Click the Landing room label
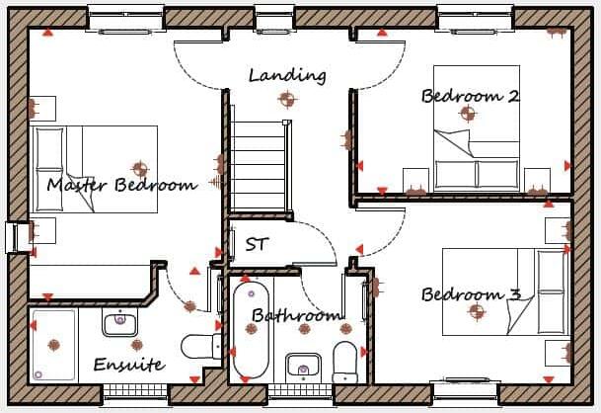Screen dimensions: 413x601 coord(287,75)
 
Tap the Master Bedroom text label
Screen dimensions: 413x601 coord(121,185)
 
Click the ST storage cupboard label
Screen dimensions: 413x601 coord(257,244)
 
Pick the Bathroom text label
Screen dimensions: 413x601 coord(296,316)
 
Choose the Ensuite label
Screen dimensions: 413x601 coord(128,365)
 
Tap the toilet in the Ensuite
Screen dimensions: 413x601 coord(202,346)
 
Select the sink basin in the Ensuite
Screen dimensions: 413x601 coord(119,321)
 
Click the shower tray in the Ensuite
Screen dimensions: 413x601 coord(53,345)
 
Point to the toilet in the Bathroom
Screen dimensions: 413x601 coord(344,361)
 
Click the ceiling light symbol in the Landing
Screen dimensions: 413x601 coord(287,99)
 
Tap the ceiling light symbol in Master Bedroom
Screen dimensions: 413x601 coord(139,169)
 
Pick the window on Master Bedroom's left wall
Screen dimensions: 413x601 coord(13,237)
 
